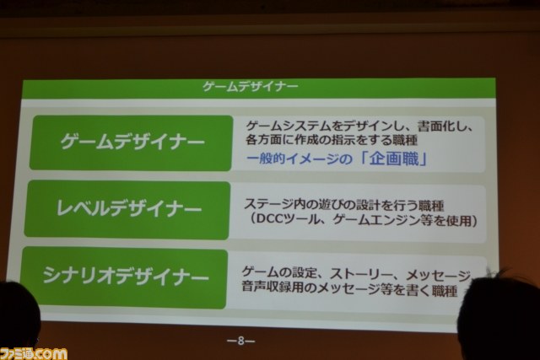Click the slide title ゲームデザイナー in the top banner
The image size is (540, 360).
click(x=251, y=86)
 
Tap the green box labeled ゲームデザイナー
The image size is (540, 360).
click(x=132, y=142)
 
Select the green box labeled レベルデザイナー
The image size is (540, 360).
click(x=127, y=209)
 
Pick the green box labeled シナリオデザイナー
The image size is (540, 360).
click(x=124, y=277)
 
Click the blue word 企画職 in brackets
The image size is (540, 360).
click(x=394, y=159)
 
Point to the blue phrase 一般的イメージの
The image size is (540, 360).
click(x=300, y=159)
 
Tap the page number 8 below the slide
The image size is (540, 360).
click(x=240, y=341)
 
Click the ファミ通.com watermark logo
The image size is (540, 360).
click(x=34, y=353)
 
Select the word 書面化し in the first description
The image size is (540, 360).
click(x=442, y=126)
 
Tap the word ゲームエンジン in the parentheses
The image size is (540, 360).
click(x=377, y=220)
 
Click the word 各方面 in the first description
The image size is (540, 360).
click(x=264, y=140)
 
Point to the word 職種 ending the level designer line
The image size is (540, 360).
click(x=431, y=206)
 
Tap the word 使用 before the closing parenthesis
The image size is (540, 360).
click(x=459, y=221)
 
